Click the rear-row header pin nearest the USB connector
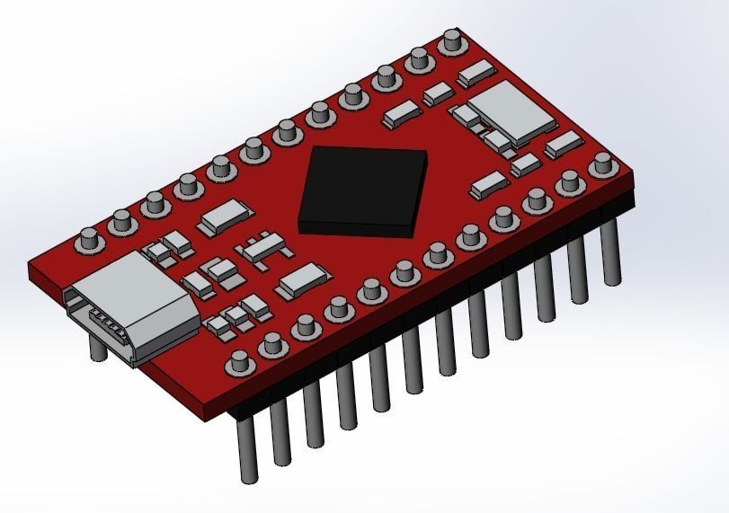pos(88,240)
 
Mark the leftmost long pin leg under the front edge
pos(245,449)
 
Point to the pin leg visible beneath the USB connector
pos(98,346)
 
